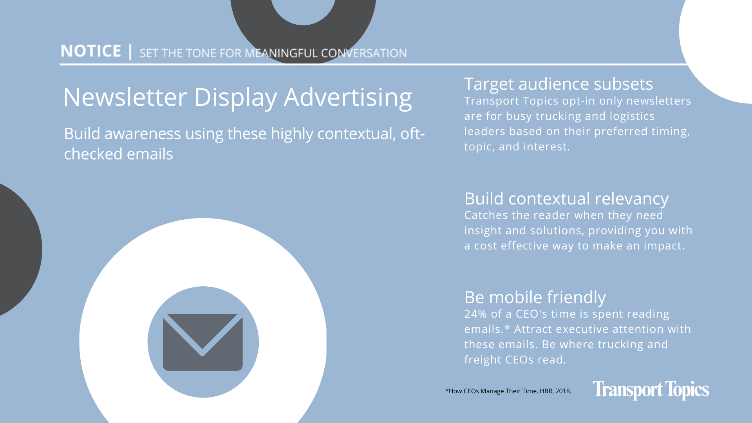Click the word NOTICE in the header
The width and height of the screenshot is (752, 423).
(x=91, y=51)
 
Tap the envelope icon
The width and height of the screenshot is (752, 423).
(x=203, y=342)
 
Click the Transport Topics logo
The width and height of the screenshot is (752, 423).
(x=651, y=390)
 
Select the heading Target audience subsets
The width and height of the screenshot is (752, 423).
(x=559, y=84)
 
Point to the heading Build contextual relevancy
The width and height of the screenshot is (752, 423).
(x=566, y=199)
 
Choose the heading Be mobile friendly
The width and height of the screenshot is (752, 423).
(x=535, y=297)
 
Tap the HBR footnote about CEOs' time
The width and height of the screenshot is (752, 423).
(x=508, y=391)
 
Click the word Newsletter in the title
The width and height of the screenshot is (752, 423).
(x=125, y=97)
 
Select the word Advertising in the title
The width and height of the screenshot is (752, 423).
(x=348, y=98)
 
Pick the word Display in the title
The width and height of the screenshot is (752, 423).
(x=235, y=98)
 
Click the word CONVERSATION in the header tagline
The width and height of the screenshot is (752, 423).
(x=364, y=53)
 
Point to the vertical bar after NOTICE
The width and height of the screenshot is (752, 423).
(x=130, y=52)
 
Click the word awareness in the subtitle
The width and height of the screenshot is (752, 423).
(x=143, y=134)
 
